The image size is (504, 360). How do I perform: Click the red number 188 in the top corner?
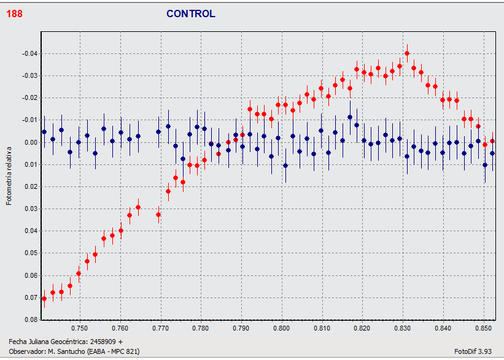click(14, 13)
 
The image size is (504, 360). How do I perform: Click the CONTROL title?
click(191, 13)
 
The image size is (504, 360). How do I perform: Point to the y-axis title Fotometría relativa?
click(9, 175)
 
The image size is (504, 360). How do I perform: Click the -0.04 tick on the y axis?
click(29, 54)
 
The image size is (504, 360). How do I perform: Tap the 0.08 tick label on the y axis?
click(31, 320)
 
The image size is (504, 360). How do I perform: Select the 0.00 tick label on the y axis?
click(31, 142)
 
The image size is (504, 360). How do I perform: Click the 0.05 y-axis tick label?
click(31, 253)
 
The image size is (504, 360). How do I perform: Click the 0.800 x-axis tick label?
click(281, 328)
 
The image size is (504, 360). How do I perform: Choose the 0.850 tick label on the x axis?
click(484, 328)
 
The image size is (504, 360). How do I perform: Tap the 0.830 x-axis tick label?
click(403, 328)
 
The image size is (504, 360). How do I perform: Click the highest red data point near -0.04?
click(407, 53)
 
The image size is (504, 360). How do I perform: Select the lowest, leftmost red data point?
click(44, 299)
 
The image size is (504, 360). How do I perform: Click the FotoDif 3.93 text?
click(473, 351)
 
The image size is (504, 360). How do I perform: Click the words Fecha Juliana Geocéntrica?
click(45, 341)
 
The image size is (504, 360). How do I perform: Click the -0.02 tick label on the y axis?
click(29, 98)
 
